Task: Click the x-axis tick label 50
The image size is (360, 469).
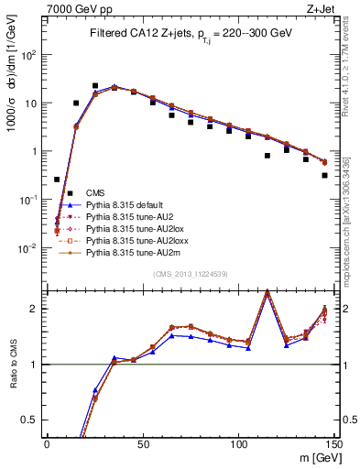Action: [x=143, y=444]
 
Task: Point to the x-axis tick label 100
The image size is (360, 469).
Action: [x=238, y=444]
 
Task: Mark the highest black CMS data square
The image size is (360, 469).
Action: [x=95, y=86]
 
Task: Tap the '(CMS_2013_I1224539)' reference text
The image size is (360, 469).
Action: [x=190, y=273]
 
